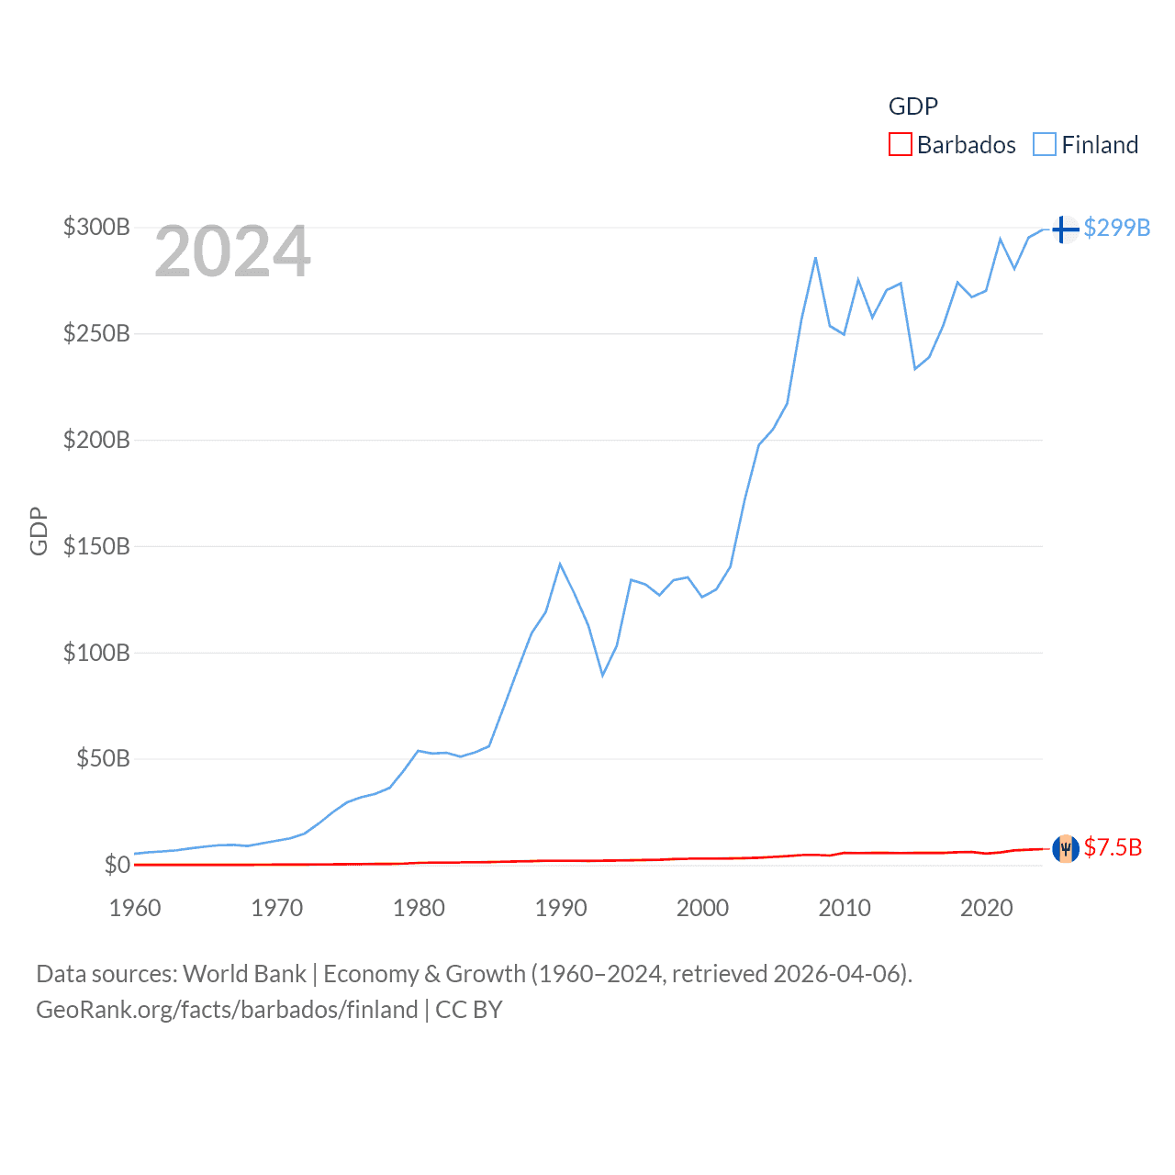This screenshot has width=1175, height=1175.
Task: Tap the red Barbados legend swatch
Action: (x=901, y=145)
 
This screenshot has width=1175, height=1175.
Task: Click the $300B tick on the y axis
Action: (x=96, y=227)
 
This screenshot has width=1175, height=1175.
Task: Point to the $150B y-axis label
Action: (x=96, y=546)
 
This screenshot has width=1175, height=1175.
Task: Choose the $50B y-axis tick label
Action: (x=103, y=758)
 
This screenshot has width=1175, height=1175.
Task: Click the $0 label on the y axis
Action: (x=117, y=865)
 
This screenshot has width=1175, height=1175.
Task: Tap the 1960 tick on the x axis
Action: (x=135, y=908)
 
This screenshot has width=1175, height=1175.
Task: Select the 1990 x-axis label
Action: (x=561, y=908)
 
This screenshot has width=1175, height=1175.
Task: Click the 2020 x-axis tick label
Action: (x=987, y=908)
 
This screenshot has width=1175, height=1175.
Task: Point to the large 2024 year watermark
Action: (x=232, y=252)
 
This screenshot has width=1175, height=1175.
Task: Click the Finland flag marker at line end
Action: (x=1065, y=229)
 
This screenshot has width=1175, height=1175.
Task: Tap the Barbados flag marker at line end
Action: (x=1065, y=848)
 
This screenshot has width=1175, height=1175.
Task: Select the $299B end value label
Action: (x=1116, y=228)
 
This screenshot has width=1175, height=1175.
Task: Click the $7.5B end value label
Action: (x=1113, y=847)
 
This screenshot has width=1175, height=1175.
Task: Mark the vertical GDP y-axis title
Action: (x=39, y=531)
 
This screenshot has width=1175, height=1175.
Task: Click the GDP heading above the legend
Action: (x=913, y=106)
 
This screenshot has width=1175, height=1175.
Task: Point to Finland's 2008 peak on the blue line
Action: (x=815, y=258)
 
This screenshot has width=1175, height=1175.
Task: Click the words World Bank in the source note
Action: (x=245, y=974)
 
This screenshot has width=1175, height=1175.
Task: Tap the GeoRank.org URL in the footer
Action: (x=227, y=1010)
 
